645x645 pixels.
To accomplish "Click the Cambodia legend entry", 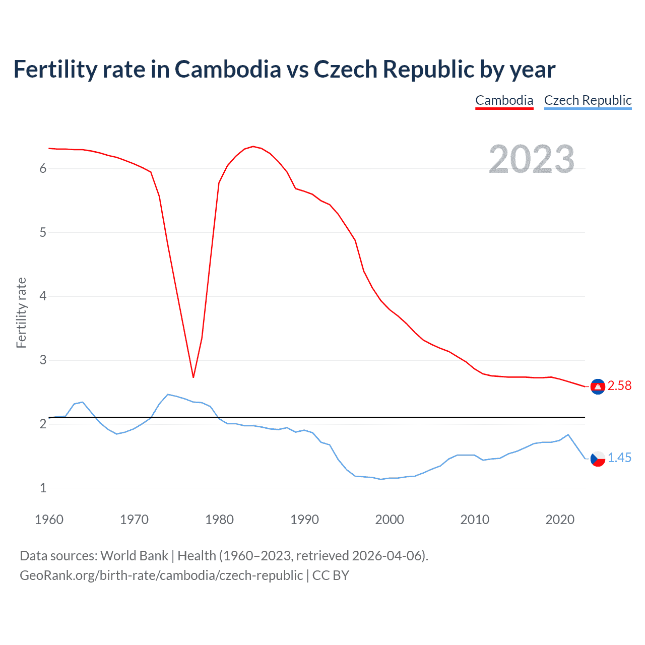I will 504,100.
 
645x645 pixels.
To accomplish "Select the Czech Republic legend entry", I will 588,100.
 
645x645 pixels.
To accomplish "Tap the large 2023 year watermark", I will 532,159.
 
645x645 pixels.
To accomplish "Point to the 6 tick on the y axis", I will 43,169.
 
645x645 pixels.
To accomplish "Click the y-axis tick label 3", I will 43,360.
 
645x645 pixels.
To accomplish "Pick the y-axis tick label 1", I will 43,488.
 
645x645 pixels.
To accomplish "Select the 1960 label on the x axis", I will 49,520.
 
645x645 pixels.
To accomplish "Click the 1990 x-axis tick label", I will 304,520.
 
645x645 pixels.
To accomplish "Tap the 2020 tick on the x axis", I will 560,520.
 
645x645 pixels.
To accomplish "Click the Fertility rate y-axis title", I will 21,312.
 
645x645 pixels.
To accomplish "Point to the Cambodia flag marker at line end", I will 598,386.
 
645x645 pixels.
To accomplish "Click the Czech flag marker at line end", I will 598,459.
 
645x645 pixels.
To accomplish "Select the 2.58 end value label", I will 619,386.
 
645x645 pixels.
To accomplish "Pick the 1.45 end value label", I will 619,458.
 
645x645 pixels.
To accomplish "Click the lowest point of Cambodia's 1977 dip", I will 193,377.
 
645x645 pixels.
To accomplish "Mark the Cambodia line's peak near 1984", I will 253,147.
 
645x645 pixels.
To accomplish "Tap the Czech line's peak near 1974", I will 168,395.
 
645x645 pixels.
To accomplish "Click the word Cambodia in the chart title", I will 228,69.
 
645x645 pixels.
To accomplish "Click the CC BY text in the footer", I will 331,575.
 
